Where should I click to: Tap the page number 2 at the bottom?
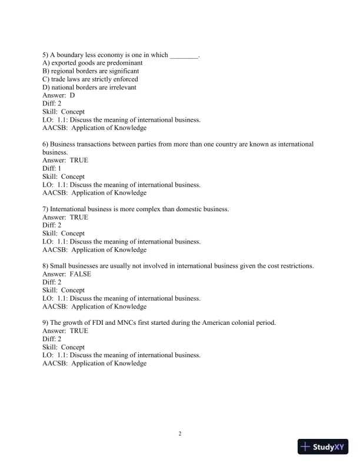[x=180, y=434]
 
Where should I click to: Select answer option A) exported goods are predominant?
[x=89, y=63]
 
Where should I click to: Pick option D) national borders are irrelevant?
[x=89, y=88]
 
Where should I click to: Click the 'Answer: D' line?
[x=59, y=95]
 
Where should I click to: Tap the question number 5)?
[x=46, y=55]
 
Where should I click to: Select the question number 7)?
[x=46, y=209]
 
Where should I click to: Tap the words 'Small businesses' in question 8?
[x=75, y=266]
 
